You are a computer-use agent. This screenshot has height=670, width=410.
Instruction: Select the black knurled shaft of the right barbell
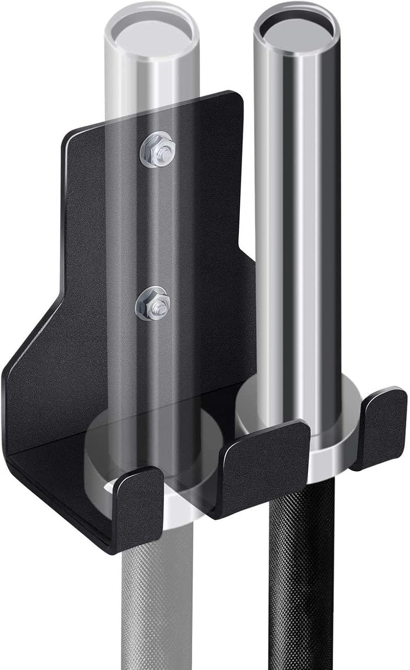[x=297, y=581]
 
